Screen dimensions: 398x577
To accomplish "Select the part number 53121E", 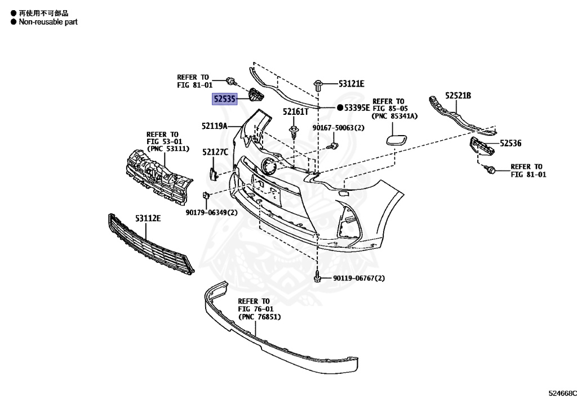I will pyautogui.click(x=351, y=84).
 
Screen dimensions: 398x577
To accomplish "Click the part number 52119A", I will pyautogui.click(x=214, y=126).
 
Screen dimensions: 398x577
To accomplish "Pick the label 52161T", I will pyautogui.click(x=295, y=111).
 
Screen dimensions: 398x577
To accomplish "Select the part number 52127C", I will pyautogui.click(x=215, y=152).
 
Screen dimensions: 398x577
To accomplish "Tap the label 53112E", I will pyautogui.click(x=148, y=218).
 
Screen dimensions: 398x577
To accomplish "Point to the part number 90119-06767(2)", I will pyautogui.click(x=358, y=278).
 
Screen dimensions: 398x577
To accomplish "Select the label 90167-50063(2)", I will pyautogui.click(x=339, y=128).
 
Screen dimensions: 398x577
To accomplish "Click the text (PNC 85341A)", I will pyautogui.click(x=394, y=116).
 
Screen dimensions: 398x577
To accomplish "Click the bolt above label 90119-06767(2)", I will pyautogui.click(x=318, y=277).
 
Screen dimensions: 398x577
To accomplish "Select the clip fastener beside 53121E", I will pyautogui.click(x=319, y=86).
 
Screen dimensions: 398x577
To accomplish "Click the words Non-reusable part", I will pyautogui.click(x=48, y=22).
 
